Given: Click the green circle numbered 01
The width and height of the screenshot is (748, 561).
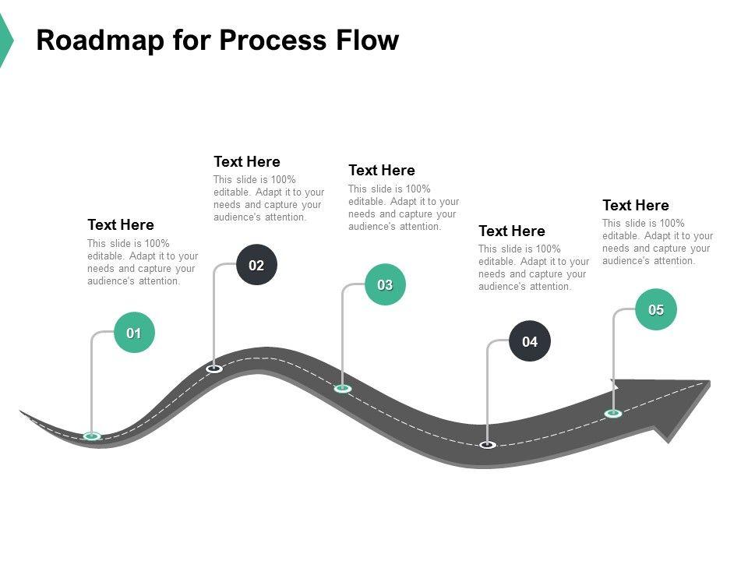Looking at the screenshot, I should click(x=134, y=333).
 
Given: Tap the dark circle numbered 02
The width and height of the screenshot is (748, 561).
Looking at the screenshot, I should click(x=256, y=265).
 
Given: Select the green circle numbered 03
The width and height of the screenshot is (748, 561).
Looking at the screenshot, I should click(x=385, y=284).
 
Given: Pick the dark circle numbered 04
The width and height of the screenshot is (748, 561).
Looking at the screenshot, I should click(x=530, y=341).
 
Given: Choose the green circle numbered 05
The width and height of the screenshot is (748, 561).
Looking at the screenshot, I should click(x=656, y=309).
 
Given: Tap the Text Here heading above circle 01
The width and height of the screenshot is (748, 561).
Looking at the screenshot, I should click(x=121, y=225).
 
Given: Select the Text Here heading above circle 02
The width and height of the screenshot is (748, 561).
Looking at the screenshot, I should click(x=247, y=162).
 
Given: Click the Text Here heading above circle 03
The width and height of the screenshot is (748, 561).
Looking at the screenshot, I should click(x=382, y=171).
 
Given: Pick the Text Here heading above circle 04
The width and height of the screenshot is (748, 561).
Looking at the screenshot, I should click(x=512, y=231).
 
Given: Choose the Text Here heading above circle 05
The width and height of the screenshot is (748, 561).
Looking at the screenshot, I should click(x=636, y=206).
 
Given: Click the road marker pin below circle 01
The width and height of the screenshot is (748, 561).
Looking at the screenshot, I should click(x=92, y=436).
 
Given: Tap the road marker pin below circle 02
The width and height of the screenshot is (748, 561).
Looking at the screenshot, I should click(x=214, y=369).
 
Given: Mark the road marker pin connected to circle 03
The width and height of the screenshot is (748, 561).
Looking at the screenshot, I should click(x=343, y=388).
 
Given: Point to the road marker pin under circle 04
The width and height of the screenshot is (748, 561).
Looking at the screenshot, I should click(x=488, y=445).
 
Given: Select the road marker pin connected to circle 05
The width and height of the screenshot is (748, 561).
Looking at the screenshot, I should click(x=613, y=413).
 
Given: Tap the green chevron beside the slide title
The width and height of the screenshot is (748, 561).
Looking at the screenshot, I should click(x=5, y=41).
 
